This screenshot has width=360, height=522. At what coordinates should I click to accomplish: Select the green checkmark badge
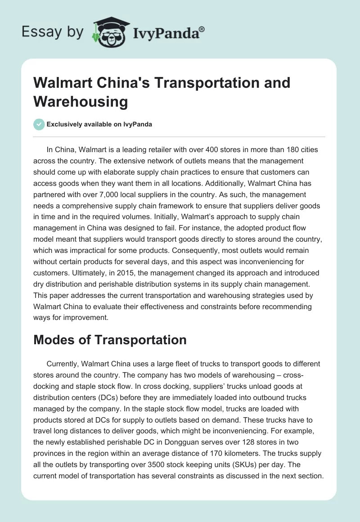pos(39,124)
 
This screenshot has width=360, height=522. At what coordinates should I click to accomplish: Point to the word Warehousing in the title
pos(81,102)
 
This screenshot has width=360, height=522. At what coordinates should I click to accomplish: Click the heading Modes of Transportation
pos(110,340)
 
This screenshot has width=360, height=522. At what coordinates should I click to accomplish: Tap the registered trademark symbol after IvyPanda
pos(202,29)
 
